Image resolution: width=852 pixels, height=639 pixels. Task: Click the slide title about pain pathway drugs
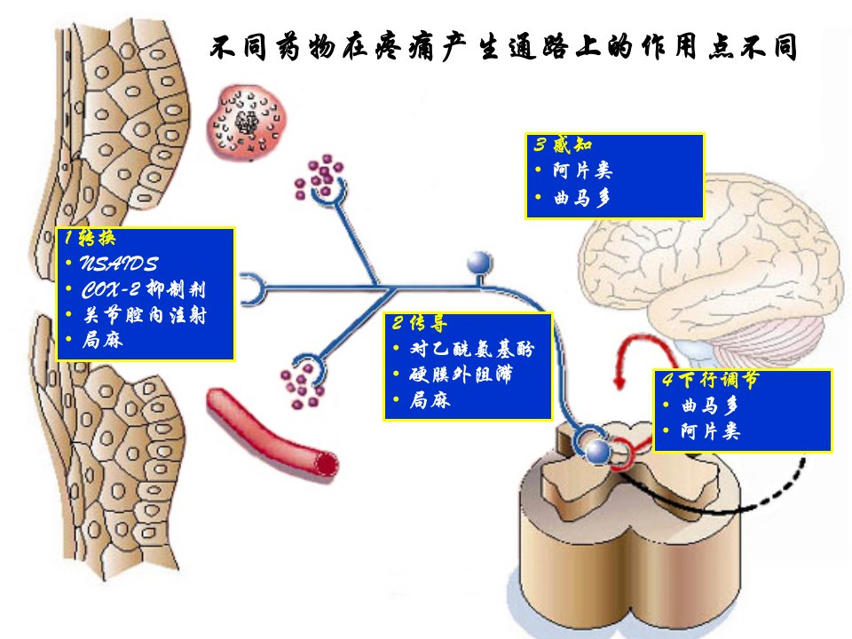503,47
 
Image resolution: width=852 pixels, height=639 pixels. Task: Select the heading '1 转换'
90,238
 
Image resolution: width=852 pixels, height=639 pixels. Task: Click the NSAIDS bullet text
119,264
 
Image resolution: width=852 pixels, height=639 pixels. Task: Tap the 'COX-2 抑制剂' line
144,289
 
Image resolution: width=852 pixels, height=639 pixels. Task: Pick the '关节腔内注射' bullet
145,315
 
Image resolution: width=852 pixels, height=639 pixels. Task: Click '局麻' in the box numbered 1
103,340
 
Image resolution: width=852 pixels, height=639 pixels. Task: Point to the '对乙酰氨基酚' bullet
472,348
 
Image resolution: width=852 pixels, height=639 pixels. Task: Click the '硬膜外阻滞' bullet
461,375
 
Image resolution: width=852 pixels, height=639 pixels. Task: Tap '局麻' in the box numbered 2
430,400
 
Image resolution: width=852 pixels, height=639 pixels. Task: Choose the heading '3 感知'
563,145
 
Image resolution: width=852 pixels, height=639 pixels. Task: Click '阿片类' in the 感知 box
582,170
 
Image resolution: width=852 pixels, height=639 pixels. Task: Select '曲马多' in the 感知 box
582,198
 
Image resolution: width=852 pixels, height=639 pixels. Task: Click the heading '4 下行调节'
710,379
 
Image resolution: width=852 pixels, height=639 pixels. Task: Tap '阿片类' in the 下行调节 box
710,431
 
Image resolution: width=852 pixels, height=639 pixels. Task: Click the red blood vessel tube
272,433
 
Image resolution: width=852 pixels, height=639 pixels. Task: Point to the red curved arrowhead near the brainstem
619,382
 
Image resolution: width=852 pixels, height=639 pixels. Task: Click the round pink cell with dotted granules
247,122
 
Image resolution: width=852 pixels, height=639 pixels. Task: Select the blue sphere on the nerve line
479,264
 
